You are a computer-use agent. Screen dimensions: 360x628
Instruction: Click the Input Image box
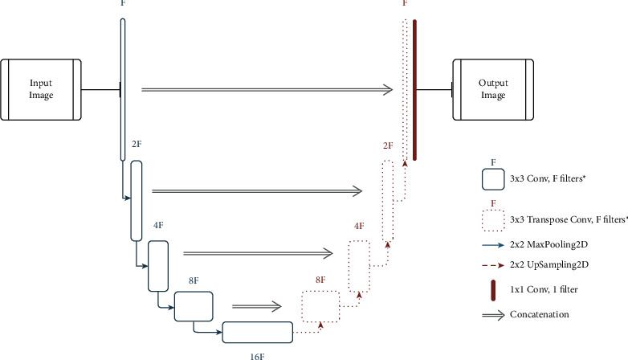pos(40,88)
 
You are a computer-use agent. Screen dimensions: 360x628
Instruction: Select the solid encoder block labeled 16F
pos(258,333)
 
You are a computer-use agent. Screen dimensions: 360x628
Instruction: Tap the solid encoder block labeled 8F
pos(194,306)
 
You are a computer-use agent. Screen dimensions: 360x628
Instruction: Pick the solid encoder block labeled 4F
pos(158,266)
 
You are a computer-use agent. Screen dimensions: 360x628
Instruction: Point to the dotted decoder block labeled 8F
pos(320,306)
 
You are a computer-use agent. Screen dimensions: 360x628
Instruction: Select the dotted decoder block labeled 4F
pos(358,266)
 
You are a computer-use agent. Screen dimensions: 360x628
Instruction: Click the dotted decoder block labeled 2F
pos(388,201)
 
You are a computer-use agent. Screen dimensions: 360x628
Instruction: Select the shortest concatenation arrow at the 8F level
pos(257,306)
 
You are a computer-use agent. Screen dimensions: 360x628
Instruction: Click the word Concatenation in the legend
pos(539,314)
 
